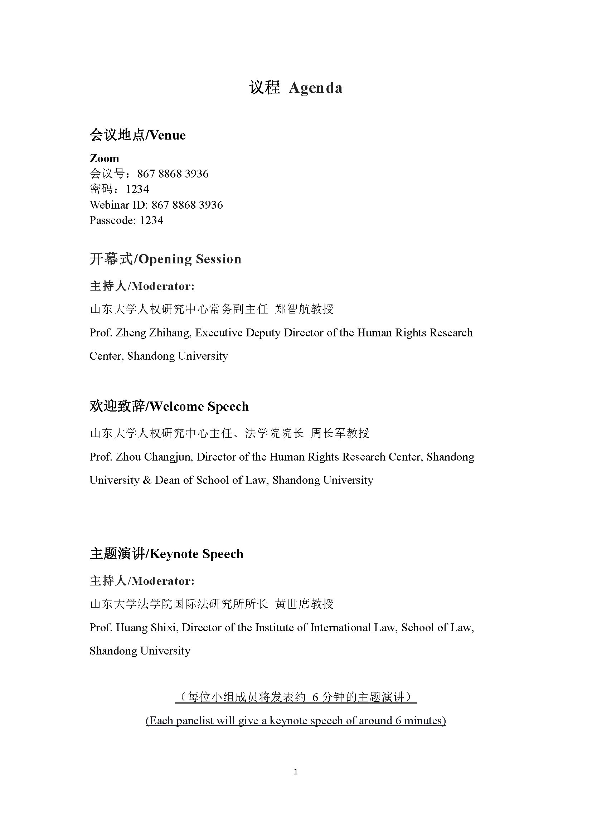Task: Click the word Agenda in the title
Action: tap(315, 89)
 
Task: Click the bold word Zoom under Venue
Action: tap(104, 159)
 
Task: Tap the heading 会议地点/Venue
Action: tap(137, 135)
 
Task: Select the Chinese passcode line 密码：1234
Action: tap(119, 189)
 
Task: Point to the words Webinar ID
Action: tap(118, 205)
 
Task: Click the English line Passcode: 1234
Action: tap(126, 220)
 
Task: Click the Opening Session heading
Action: tap(165, 259)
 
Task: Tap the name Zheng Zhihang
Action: tap(153, 333)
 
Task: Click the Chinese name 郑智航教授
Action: tap(304, 309)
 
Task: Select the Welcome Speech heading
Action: tap(169, 407)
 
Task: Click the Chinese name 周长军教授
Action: tap(340, 433)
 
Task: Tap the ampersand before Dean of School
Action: tap(147, 481)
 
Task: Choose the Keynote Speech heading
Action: tap(166, 554)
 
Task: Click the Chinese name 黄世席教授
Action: tap(304, 604)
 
